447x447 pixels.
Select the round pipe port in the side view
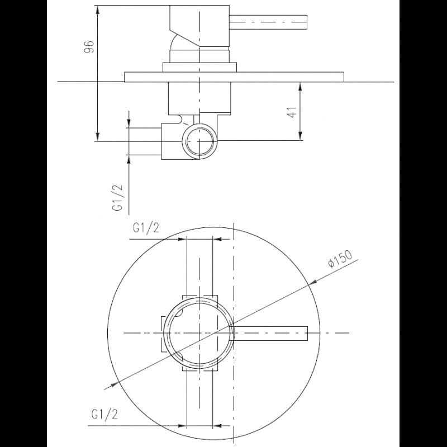(x=199, y=140)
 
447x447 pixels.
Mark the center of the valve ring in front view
(x=199, y=332)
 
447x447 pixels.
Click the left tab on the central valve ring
(x=163, y=333)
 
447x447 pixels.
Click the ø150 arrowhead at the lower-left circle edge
(x=110, y=385)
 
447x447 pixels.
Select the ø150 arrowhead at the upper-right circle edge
(x=310, y=284)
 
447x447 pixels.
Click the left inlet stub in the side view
(x=145, y=141)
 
